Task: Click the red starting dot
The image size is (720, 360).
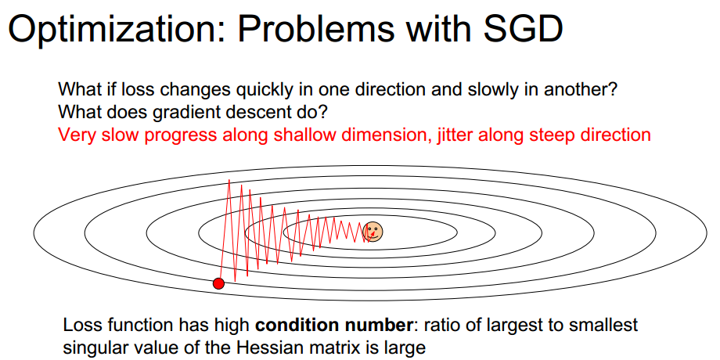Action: pos(218,283)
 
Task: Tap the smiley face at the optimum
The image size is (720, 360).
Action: pos(373,232)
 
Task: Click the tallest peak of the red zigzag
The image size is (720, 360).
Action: pos(229,180)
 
